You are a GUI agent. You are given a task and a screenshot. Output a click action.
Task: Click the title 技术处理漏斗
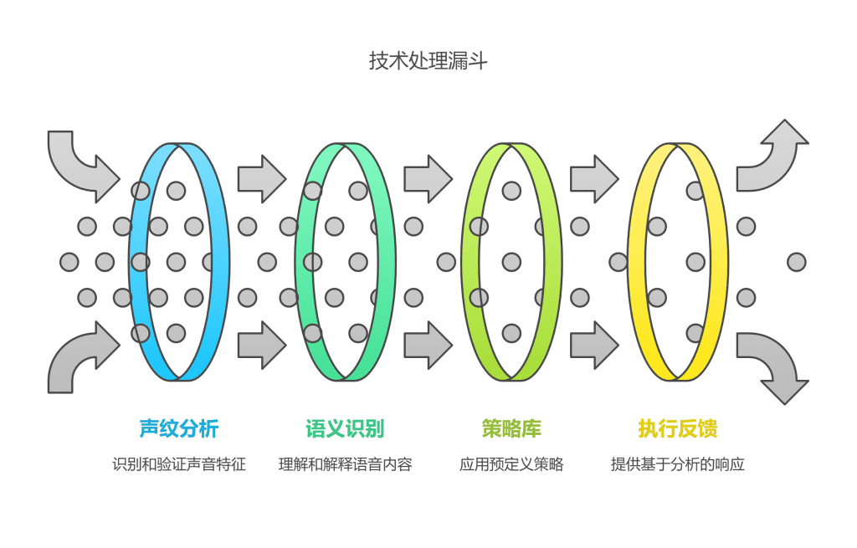[428, 61]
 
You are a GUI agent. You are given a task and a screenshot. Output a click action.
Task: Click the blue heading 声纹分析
[178, 429]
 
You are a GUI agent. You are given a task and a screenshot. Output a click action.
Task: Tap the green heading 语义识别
[345, 429]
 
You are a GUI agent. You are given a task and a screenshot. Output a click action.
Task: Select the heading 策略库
[511, 429]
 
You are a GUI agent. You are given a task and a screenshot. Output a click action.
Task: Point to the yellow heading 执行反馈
[678, 429]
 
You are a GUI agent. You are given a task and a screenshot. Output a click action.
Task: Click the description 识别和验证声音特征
[178, 464]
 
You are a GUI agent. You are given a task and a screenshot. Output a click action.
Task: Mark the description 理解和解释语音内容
[345, 464]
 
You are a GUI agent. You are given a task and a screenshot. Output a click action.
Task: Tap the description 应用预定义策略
[511, 464]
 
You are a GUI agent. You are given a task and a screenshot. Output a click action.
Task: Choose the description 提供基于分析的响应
[678, 464]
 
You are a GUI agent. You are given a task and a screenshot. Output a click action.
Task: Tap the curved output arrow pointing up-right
[774, 159]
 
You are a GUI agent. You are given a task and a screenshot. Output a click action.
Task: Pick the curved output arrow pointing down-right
[774, 364]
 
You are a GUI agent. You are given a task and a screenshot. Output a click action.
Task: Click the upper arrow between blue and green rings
[261, 178]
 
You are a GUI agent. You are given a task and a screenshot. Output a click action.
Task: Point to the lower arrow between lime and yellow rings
[594, 345]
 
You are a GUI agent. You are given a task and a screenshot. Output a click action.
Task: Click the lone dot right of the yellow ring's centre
[797, 262]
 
